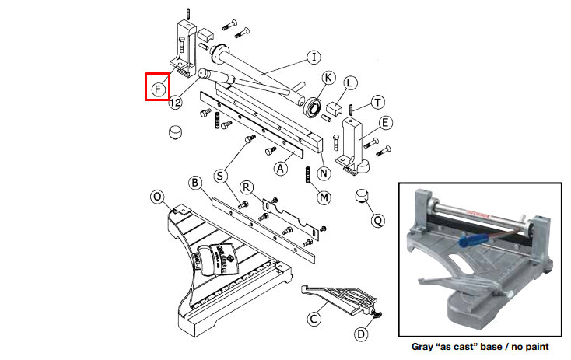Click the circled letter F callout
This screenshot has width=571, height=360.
(x=159, y=87)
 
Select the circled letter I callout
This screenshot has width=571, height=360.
(x=313, y=57)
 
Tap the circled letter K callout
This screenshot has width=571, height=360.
(x=328, y=77)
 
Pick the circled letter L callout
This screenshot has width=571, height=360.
(x=350, y=82)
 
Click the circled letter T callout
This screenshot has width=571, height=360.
(x=378, y=103)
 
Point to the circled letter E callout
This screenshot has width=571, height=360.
(x=386, y=122)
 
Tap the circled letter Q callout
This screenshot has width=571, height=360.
(x=377, y=220)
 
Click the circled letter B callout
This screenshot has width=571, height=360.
(x=196, y=183)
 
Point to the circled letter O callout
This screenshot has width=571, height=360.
(x=158, y=197)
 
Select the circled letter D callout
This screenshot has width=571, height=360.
(x=361, y=334)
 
